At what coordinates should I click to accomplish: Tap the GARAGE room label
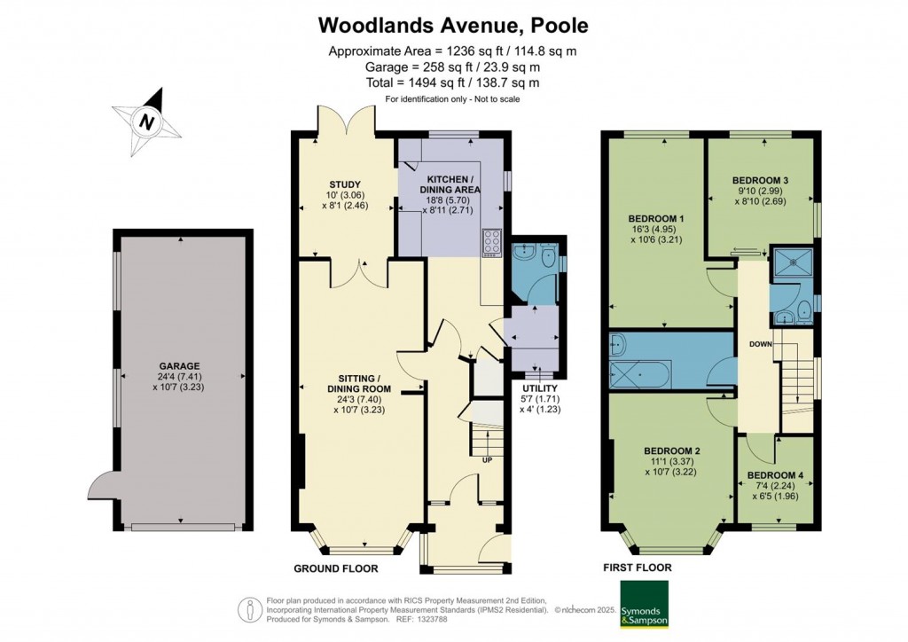coord(180,365)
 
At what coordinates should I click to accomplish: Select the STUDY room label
coord(345,184)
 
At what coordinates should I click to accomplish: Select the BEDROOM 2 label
coord(671,451)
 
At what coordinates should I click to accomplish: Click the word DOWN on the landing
coord(760,344)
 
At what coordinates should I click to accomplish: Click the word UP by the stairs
coord(487,460)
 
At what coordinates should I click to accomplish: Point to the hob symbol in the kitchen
coord(491,241)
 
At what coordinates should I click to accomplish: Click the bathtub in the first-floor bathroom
coord(640,377)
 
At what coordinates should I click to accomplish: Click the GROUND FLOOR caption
coord(336,568)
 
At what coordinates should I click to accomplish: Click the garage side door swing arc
coord(98,486)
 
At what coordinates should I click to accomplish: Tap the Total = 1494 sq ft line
coord(453,82)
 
